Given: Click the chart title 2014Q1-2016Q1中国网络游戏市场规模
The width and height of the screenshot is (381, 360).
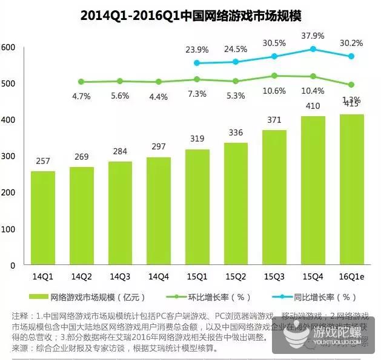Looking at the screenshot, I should click(191, 15).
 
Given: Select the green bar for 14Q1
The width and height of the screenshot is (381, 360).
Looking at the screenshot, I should click(43, 218).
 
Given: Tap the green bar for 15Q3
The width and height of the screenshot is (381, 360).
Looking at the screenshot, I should click(274, 197).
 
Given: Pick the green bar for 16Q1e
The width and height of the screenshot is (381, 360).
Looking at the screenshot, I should click(351, 189).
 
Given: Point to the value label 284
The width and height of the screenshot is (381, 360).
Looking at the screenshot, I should click(120, 150).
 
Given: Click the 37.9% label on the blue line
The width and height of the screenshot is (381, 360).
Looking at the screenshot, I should click(313, 34).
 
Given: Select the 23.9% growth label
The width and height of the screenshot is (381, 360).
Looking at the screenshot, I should click(197, 50).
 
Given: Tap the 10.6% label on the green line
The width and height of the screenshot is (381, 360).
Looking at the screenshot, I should click(274, 91).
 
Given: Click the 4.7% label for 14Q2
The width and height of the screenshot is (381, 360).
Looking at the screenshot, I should click(82, 96).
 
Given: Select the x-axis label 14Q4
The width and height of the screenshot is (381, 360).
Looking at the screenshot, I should click(159, 276).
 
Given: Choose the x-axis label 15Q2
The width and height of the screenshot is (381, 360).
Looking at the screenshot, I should click(236, 276).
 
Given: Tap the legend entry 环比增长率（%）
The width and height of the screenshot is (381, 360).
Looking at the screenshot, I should click(205, 297).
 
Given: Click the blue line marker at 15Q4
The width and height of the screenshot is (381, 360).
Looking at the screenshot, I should click(313, 49).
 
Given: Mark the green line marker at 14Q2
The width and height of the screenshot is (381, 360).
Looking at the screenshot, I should click(82, 82).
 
